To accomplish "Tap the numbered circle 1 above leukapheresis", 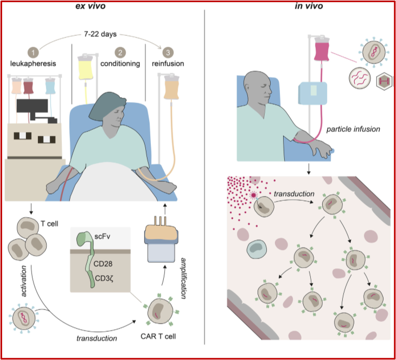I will coord(34,53).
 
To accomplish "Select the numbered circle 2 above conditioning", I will coord(119,53).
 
